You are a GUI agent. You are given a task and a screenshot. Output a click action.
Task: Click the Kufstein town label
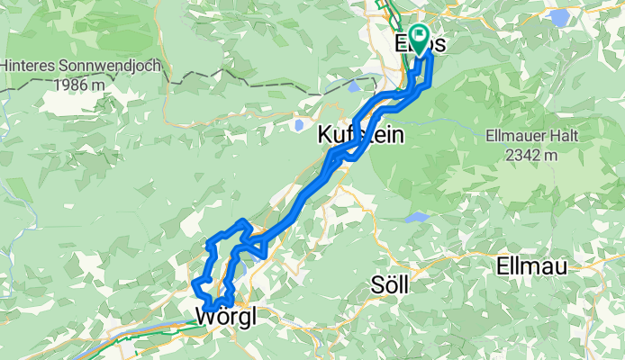coord(360,136)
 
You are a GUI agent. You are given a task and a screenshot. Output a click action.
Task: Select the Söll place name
coord(390,285)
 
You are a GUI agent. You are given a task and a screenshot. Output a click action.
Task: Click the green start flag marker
coord(419,39)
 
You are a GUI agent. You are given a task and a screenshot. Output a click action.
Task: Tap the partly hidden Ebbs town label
coord(420,42)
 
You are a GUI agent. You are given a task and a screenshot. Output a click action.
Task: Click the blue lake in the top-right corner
coord(560,17)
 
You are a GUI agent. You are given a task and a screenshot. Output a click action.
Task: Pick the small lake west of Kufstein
coord(297,125)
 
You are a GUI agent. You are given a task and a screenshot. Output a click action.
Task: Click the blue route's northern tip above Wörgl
coord(241,221)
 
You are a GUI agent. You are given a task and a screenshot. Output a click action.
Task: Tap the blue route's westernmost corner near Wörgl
coord(195,285)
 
